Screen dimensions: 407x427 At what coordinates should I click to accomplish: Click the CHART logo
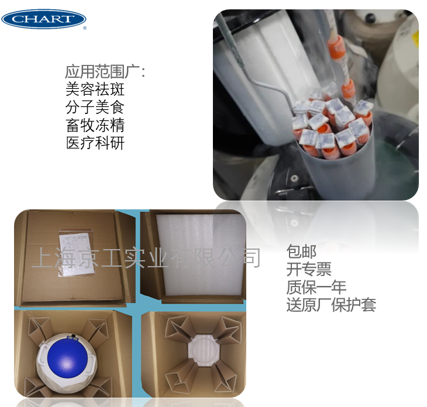pyautogui.click(x=44, y=19)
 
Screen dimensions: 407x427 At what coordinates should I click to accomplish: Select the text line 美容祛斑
pyautogui.click(x=95, y=89)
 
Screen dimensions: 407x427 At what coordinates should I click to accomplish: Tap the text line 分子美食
pyautogui.click(x=95, y=108)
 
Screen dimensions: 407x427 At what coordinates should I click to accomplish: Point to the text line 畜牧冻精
pyautogui.click(x=95, y=125)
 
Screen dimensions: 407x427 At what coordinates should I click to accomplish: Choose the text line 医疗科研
pyautogui.click(x=95, y=143)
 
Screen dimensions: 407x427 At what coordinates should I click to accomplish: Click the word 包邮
pyautogui.click(x=301, y=252)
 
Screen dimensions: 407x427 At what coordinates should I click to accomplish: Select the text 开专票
pyautogui.click(x=309, y=270)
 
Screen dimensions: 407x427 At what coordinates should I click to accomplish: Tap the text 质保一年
pyautogui.click(x=316, y=287)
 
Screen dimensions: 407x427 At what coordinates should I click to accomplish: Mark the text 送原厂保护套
pyautogui.click(x=331, y=305)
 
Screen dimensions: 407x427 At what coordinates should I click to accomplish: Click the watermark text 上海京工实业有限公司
pyautogui.click(x=146, y=257)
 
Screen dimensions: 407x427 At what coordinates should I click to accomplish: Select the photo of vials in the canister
pyautogui.click(x=315, y=105)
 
